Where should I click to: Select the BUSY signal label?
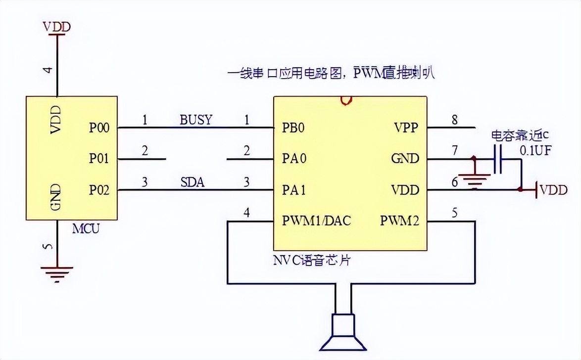point(195,120)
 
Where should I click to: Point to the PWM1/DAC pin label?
point(316,221)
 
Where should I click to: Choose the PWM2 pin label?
point(399,221)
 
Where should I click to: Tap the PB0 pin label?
point(293,128)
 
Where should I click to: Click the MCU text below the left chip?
point(86,229)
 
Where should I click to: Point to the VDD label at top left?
point(57,27)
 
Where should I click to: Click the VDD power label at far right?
point(553,190)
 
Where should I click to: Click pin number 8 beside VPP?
point(455,120)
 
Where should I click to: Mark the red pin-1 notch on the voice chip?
point(345,100)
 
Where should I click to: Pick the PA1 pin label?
point(293,190)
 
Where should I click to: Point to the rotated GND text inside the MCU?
point(56,197)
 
